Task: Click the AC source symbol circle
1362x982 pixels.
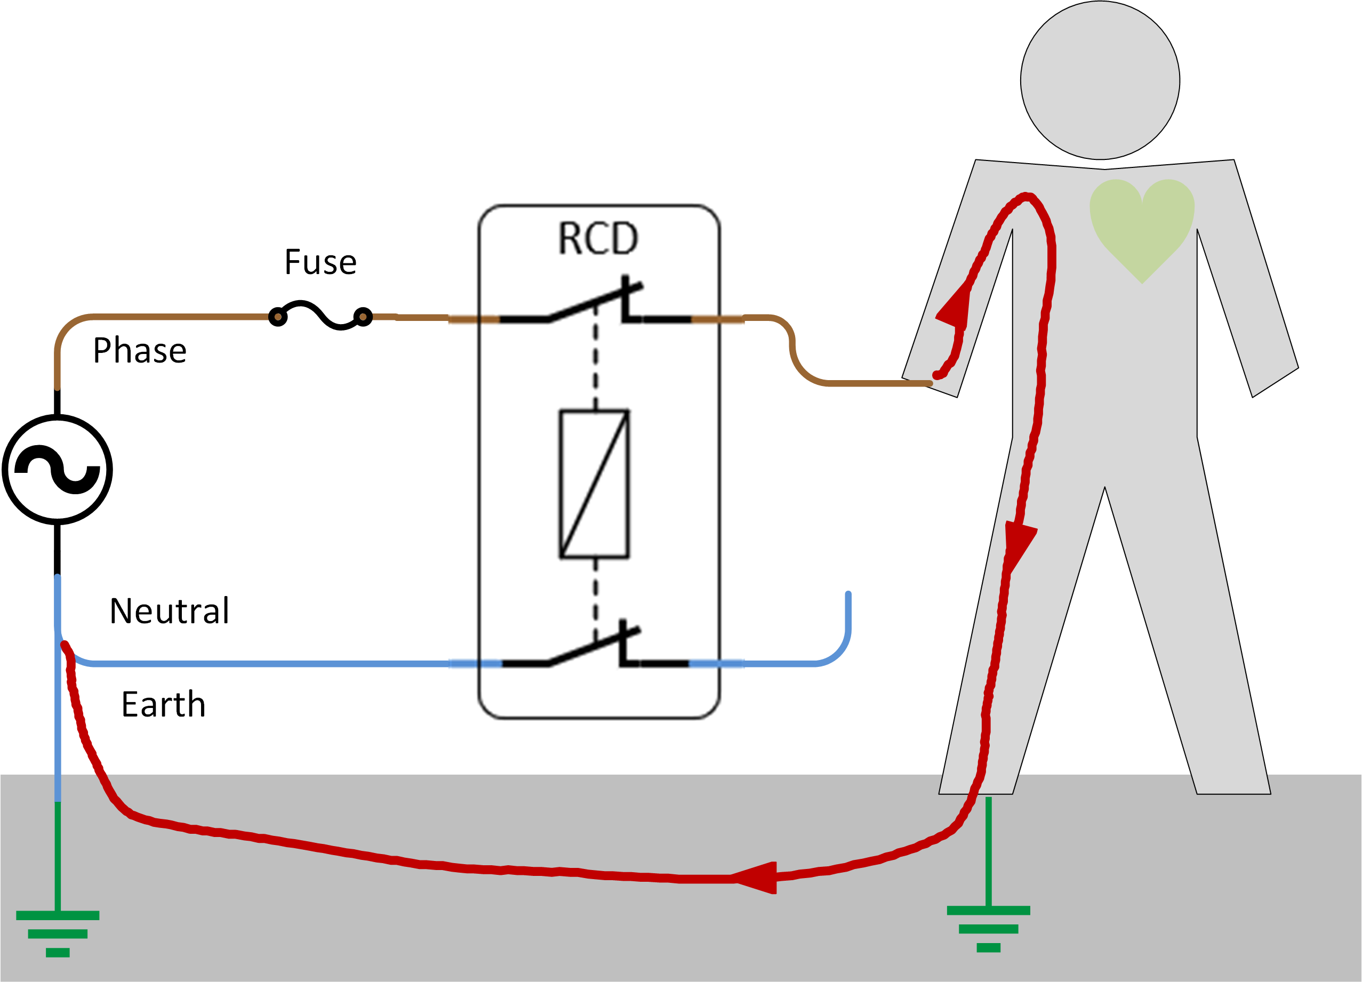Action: pyautogui.click(x=57, y=469)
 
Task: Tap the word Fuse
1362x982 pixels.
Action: pyautogui.click(x=320, y=262)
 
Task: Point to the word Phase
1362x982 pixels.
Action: pyautogui.click(x=139, y=351)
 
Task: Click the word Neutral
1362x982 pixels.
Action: pyautogui.click(x=170, y=611)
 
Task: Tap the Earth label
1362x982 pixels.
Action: pyautogui.click(x=163, y=705)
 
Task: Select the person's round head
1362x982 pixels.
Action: pyautogui.click(x=1100, y=81)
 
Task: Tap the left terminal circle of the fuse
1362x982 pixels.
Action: pyautogui.click(x=277, y=316)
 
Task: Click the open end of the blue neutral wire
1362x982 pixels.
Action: pyautogui.click(x=848, y=594)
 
